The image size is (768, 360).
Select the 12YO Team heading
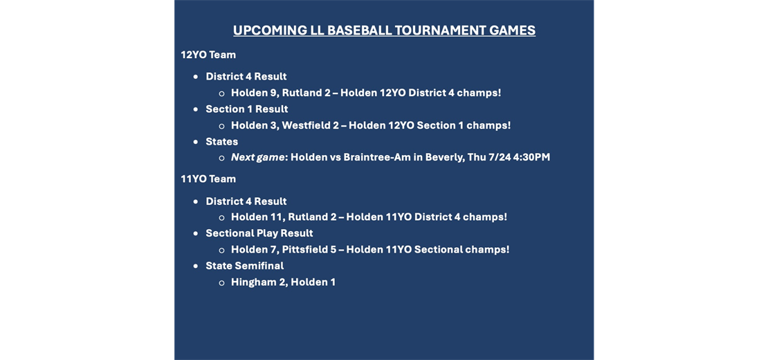(x=208, y=55)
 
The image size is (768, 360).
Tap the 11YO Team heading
(x=208, y=179)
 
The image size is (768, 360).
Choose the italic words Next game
(x=257, y=157)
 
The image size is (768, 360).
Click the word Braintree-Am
(x=377, y=157)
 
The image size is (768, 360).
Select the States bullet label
(x=222, y=141)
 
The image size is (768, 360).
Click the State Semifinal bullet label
(x=244, y=266)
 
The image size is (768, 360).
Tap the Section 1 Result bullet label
(x=247, y=109)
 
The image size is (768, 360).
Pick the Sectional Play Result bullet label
(x=259, y=233)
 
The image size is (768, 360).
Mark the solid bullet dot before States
(x=196, y=142)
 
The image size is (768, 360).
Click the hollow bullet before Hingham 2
(x=221, y=282)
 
